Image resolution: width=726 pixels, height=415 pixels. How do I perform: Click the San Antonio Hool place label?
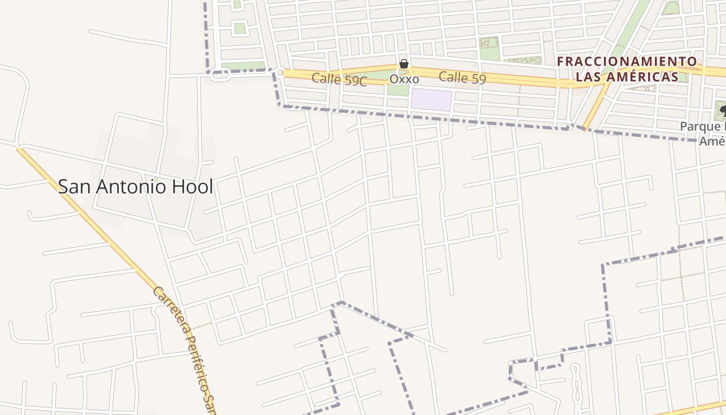(x=135, y=187)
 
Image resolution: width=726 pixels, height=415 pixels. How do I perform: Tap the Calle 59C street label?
(x=339, y=80)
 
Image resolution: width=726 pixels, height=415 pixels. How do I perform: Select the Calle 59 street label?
(x=462, y=78)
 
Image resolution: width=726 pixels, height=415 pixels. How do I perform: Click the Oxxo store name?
(x=404, y=79)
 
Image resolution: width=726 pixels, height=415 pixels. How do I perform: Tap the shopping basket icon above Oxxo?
(x=404, y=64)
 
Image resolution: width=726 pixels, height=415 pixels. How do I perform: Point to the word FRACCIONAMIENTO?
(x=627, y=62)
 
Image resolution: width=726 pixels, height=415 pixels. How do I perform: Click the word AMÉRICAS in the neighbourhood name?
(x=645, y=77)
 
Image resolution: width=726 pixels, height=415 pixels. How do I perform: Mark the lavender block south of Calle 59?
(x=431, y=100)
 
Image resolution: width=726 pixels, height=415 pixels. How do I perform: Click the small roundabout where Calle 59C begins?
(x=280, y=73)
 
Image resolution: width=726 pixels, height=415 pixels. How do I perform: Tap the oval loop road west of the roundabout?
(x=220, y=76)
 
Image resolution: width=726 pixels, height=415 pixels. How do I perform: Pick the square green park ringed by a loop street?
(x=239, y=28)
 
